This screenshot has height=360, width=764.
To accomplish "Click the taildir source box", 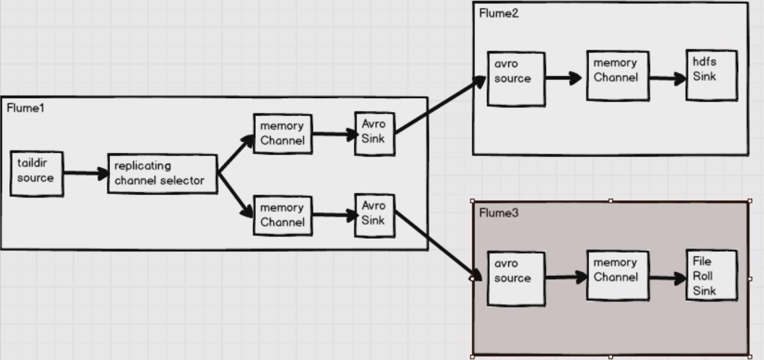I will coord(36,173).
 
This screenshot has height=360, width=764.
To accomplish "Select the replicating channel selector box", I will coord(162,174).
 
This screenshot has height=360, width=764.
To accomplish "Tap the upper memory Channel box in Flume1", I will coord(283,133).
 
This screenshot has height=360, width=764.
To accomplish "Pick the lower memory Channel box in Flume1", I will coord(283,215).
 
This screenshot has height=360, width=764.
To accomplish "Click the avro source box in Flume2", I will coord(516,78).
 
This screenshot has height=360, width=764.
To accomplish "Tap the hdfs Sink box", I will coord(712,74).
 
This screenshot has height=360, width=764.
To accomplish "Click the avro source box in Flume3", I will coord(516,278).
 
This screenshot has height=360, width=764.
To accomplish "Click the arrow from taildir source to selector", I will coord(85,173).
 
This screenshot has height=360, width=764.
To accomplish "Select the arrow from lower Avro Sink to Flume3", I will coord(437,246).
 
